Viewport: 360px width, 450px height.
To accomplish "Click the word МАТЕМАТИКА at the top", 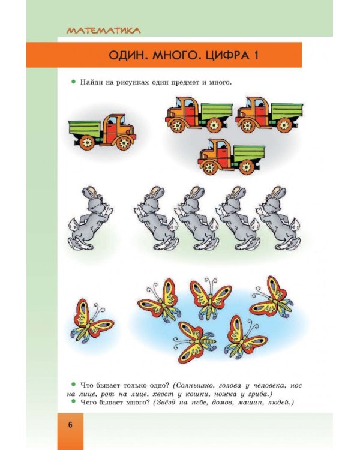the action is (x=103, y=30).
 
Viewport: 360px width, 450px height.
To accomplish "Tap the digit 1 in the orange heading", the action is (x=256, y=55).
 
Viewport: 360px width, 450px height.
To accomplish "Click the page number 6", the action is (x=70, y=425).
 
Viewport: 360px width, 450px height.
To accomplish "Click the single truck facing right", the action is (x=102, y=132).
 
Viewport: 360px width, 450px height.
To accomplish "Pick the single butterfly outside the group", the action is (x=91, y=321).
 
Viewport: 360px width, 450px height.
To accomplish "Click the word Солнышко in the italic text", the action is (x=194, y=385).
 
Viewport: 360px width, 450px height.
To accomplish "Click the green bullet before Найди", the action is (x=73, y=82).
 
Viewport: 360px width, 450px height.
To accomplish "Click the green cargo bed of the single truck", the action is (x=86, y=128).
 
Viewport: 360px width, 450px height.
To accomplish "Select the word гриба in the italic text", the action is (x=260, y=394).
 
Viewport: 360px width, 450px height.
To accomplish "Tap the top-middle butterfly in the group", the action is (x=211, y=298).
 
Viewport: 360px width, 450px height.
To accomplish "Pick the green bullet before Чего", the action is (x=73, y=401).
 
